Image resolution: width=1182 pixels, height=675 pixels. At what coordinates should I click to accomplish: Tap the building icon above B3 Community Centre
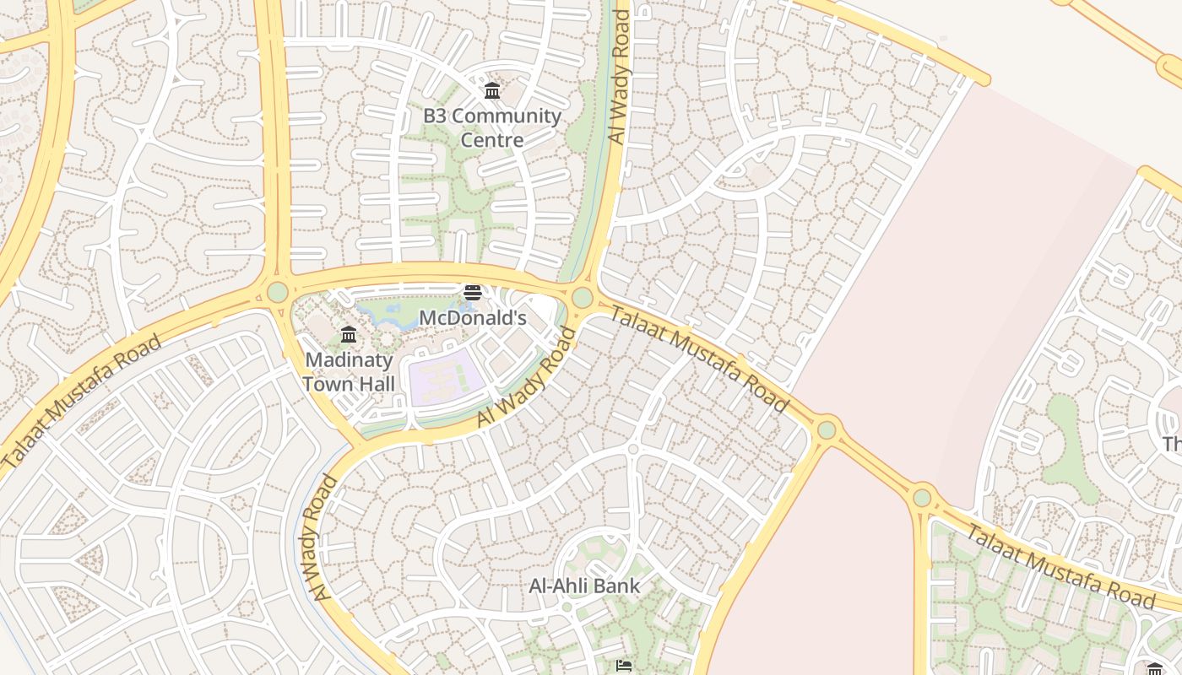coord(492,90)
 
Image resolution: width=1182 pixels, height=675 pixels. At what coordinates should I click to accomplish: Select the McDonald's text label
coord(473,318)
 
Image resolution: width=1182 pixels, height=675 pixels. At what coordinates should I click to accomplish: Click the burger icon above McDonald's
coord(473,293)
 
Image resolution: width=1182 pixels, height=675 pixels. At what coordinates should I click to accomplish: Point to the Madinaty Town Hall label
coord(349,372)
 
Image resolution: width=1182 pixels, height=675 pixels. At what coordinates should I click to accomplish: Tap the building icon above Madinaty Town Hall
coord(349,335)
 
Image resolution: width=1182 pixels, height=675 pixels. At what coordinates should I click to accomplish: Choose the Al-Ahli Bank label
coord(584,586)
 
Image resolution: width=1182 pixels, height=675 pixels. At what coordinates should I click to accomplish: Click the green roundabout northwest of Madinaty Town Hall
coord(277,293)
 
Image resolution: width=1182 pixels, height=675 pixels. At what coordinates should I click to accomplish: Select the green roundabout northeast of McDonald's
coord(582,298)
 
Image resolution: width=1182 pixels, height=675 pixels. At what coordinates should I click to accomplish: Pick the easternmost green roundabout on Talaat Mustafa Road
coord(922,498)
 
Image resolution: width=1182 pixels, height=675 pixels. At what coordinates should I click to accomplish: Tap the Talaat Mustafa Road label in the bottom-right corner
coord(1060,566)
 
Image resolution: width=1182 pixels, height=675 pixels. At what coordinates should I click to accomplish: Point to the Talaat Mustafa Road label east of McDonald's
coord(698,359)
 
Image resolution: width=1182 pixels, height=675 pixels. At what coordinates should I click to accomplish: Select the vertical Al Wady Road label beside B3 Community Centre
coord(620,78)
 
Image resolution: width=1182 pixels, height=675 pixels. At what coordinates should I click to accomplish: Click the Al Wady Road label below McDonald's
coord(527,377)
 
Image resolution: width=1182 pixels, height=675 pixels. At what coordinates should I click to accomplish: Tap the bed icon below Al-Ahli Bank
coord(624,667)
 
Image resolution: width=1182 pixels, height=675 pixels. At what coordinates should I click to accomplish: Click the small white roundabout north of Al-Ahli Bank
coord(632,449)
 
